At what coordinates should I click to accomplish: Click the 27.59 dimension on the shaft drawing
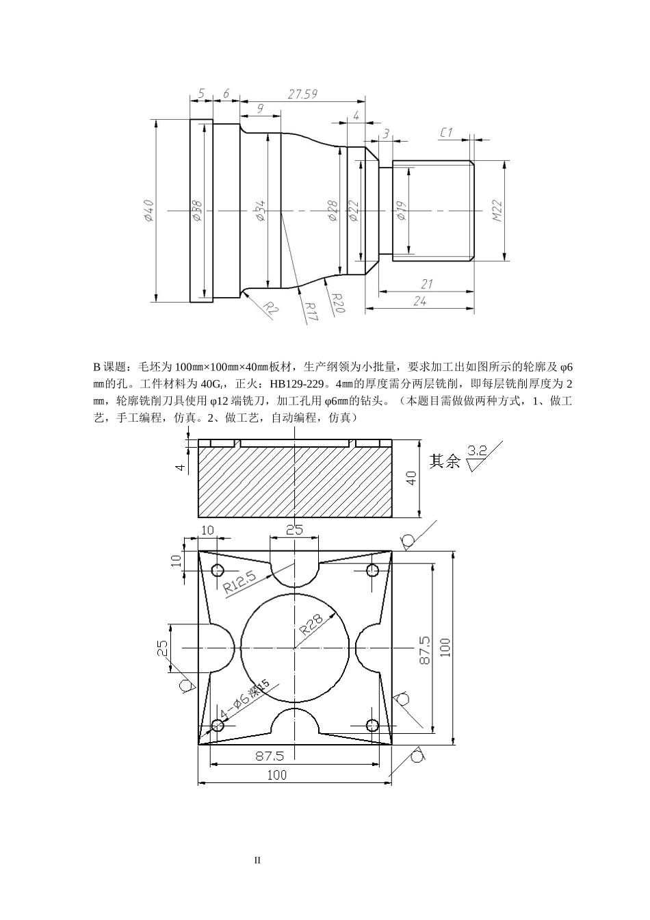(302, 94)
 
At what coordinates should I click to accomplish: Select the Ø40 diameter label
(148, 210)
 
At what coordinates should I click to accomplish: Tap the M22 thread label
(497, 211)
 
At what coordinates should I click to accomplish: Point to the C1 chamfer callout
(446, 132)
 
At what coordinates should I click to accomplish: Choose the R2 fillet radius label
(271, 309)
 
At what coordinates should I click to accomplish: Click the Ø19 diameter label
(401, 211)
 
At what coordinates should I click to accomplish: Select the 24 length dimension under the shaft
(419, 301)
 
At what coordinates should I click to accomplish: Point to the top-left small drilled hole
(218, 570)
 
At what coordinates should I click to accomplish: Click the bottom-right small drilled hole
(373, 725)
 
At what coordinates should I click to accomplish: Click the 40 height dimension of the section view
(411, 478)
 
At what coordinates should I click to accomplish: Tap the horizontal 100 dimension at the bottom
(277, 775)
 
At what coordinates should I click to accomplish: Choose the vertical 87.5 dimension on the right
(424, 650)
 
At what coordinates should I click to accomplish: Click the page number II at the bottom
(257, 860)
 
